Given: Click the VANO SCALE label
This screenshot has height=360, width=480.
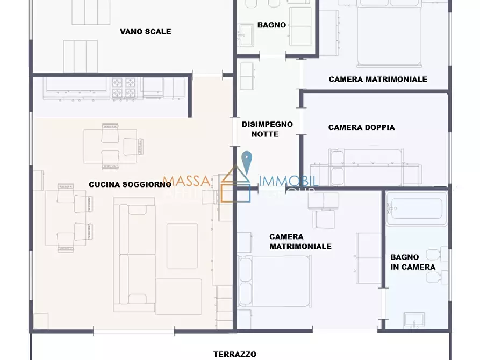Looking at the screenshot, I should pyautogui.click(x=145, y=32).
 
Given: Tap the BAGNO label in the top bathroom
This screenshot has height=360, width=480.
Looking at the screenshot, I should pyautogui.click(x=271, y=25).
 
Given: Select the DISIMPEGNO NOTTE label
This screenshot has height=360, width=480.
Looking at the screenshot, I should pyautogui.click(x=267, y=129).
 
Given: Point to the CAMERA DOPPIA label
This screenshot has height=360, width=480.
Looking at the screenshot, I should pyautogui.click(x=361, y=127).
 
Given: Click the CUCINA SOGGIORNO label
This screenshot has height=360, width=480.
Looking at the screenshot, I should pyautogui.click(x=130, y=184).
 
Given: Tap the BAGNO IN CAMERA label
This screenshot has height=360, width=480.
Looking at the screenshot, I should pyautogui.click(x=413, y=262).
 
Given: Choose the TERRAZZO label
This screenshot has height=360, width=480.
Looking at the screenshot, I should pyautogui.click(x=234, y=354).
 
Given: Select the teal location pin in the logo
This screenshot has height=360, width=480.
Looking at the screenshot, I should pyautogui.click(x=246, y=161).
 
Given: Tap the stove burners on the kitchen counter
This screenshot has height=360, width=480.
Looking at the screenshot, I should pyautogui.click(x=124, y=88).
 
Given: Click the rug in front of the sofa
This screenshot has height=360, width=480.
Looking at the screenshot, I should pyautogui.click(x=182, y=245).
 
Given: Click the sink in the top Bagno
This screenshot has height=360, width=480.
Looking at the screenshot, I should pyautogui.click(x=247, y=35).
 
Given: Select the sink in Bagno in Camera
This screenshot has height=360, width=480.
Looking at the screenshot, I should pyautogui.click(x=414, y=320).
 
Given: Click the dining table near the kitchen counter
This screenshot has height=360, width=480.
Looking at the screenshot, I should pyautogui.click(x=110, y=146).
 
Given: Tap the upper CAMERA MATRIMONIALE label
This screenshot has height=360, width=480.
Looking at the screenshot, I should pyautogui.click(x=378, y=79).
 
